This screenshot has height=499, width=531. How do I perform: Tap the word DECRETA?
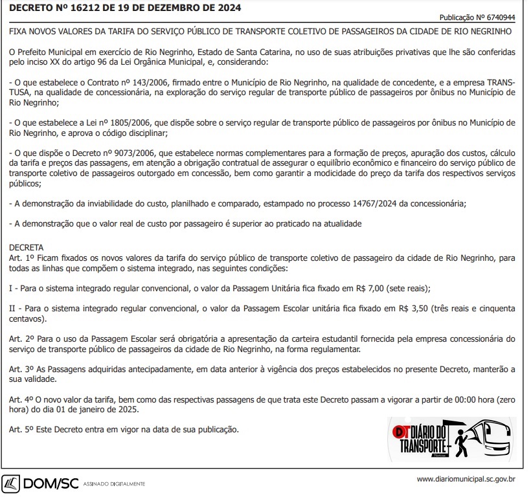(27, 248)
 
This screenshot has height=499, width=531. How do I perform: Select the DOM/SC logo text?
(51, 483)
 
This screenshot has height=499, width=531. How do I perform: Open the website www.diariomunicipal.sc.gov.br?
(466, 480)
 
